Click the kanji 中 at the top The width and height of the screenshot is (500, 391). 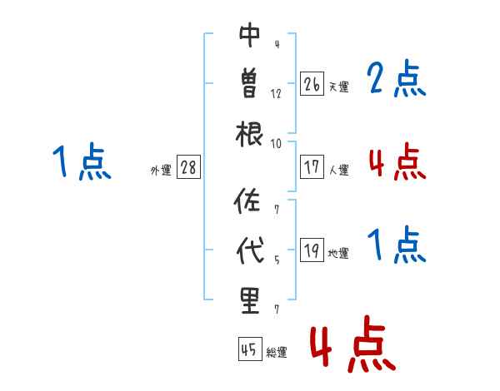click(250, 36)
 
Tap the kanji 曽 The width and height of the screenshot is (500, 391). click(250, 84)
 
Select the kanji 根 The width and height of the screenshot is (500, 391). click(250, 133)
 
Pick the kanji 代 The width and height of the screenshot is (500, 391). click(250, 250)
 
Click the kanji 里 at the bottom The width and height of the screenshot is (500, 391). click(250, 299)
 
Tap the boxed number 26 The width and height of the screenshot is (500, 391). click(312, 83)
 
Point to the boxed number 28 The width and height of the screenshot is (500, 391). click(188, 167)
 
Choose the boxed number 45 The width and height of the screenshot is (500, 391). click(249, 350)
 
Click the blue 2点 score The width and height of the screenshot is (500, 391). click(397, 80)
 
